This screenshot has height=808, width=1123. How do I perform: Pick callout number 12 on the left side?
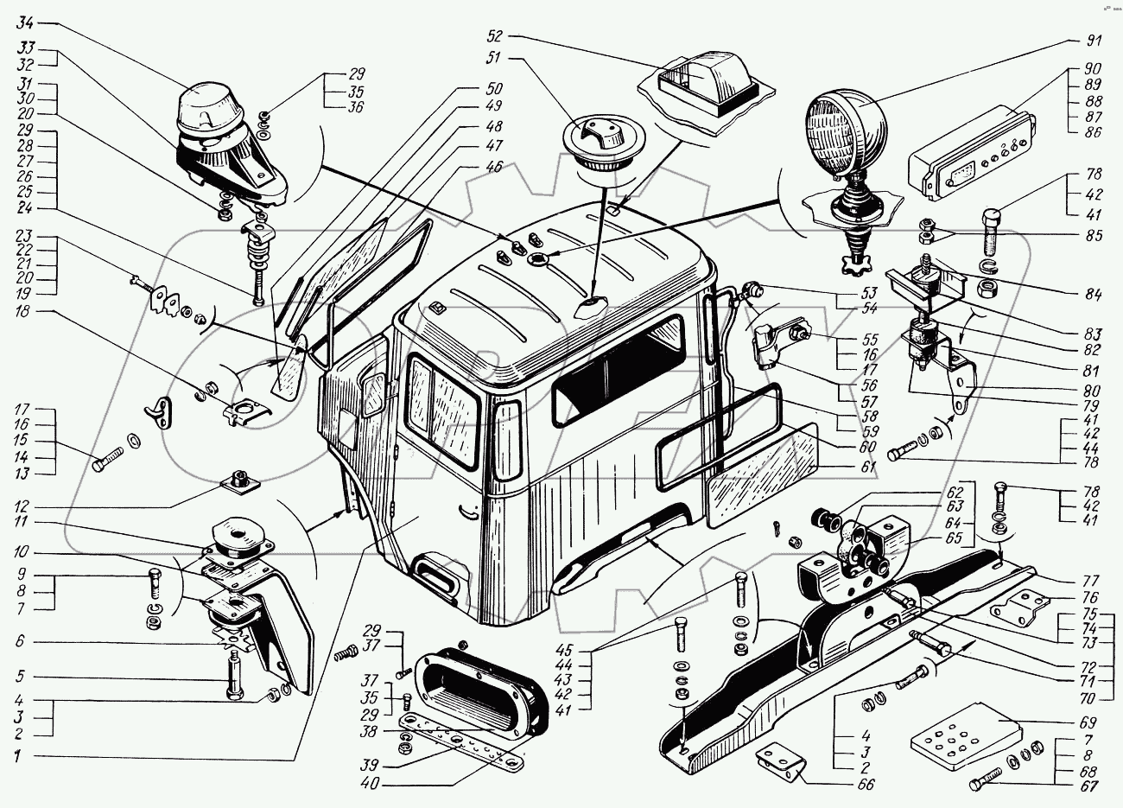[x=20, y=506]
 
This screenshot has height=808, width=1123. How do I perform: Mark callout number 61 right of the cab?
[x=868, y=468]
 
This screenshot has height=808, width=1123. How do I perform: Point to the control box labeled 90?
[x=967, y=159]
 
